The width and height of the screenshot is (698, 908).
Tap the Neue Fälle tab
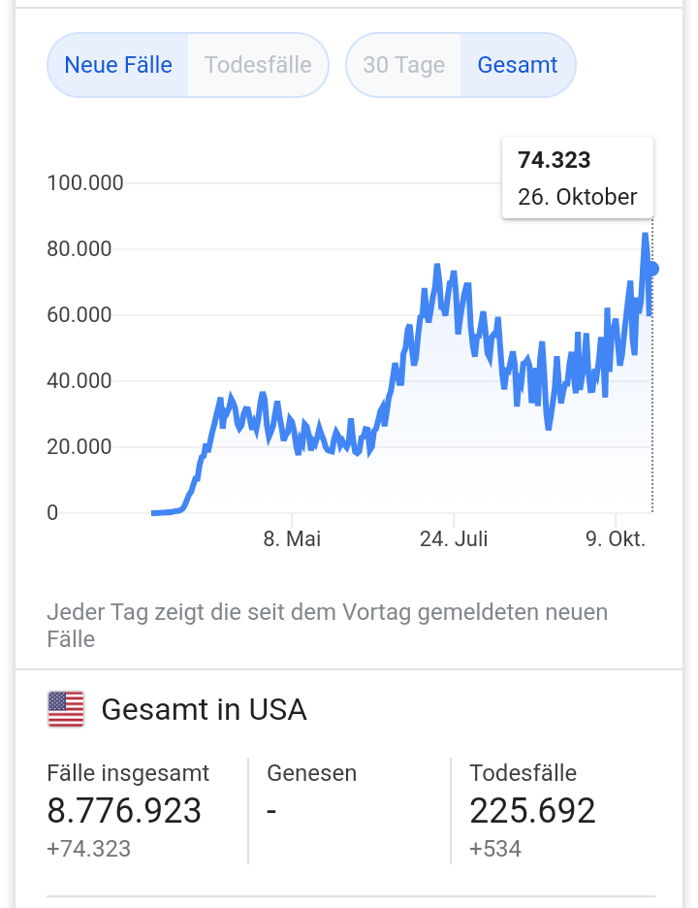(x=118, y=65)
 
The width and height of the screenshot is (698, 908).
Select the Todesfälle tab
(x=258, y=65)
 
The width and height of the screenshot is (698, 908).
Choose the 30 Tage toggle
(x=403, y=65)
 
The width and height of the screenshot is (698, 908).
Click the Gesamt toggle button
(x=518, y=65)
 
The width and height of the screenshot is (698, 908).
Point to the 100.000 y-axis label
(x=85, y=182)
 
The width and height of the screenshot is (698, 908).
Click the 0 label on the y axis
(x=52, y=513)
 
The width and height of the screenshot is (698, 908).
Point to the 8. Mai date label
(x=292, y=539)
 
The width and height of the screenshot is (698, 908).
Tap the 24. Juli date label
(x=454, y=539)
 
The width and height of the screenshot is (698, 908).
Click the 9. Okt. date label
(x=616, y=539)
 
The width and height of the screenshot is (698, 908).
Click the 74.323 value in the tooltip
(x=555, y=160)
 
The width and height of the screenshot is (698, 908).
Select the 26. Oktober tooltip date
(x=577, y=197)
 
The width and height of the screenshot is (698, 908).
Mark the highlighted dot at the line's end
(x=652, y=269)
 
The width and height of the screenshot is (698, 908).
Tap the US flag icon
(x=66, y=709)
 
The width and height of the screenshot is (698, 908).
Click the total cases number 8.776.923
(x=124, y=810)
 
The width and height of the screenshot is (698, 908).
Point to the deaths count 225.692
(x=532, y=810)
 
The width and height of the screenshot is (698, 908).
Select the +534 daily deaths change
(x=495, y=849)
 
